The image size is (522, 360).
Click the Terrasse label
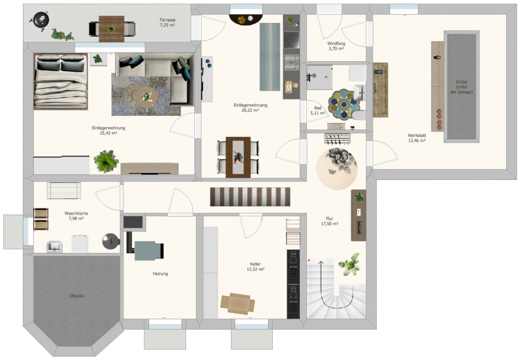click(167, 20)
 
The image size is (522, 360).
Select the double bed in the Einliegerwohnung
click(61, 82)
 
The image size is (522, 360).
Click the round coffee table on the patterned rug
click(146, 96)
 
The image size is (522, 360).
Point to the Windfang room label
click(336, 44)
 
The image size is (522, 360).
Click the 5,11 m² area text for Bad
click(318, 113)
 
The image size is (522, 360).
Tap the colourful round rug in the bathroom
click(344, 105)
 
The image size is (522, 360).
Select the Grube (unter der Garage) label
click(461, 87)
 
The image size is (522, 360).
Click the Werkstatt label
click(417, 136)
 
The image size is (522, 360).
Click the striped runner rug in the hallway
click(250, 197)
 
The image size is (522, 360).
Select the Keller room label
click(255, 264)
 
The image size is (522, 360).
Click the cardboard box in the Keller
click(238, 303)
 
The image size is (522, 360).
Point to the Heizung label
click(160, 274)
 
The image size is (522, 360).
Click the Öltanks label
click(76, 296)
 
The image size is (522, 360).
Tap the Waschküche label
click(76, 214)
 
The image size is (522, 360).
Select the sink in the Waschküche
click(55, 246)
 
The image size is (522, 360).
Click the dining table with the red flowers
click(238, 157)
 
